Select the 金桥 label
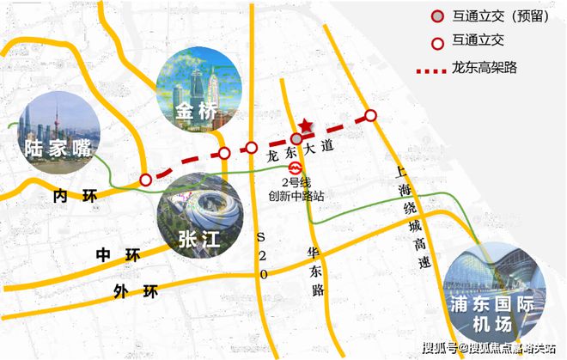coord(197,113)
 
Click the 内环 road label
coord(72,197)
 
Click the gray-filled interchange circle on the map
coord(296,138)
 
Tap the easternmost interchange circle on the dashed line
coord(370,115)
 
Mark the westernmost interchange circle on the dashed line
coord(145,180)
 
